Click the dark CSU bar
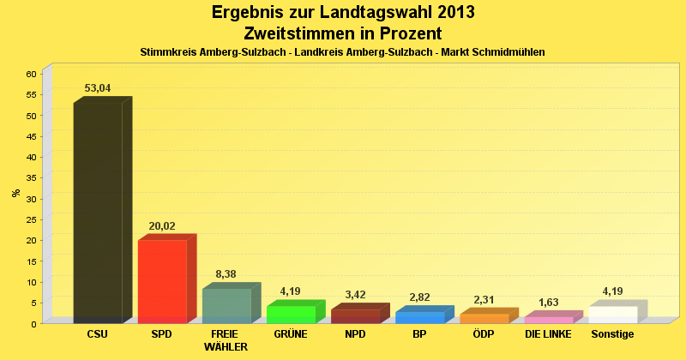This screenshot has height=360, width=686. (98, 213)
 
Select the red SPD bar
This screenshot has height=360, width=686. (162, 281)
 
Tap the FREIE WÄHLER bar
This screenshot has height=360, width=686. (226, 305)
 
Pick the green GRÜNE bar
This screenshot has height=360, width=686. (291, 314)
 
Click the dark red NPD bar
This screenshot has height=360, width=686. (355, 316)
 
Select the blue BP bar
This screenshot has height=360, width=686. (419, 317)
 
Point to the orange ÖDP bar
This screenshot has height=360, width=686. (484, 318)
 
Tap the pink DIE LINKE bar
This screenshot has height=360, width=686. (548, 320)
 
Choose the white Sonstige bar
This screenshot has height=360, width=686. (612, 315)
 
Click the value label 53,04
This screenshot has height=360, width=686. (98, 88)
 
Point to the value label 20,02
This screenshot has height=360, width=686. (162, 226)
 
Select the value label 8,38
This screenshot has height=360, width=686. (226, 274)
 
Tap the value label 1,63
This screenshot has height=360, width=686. (548, 303)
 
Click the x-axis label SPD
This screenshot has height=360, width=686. (162, 334)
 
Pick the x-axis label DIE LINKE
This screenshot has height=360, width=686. (548, 334)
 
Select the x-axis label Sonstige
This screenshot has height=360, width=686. (612, 334)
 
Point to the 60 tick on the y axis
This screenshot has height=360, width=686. (30, 74)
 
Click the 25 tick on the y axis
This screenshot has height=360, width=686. (30, 219)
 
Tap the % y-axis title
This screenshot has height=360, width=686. (15, 193)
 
